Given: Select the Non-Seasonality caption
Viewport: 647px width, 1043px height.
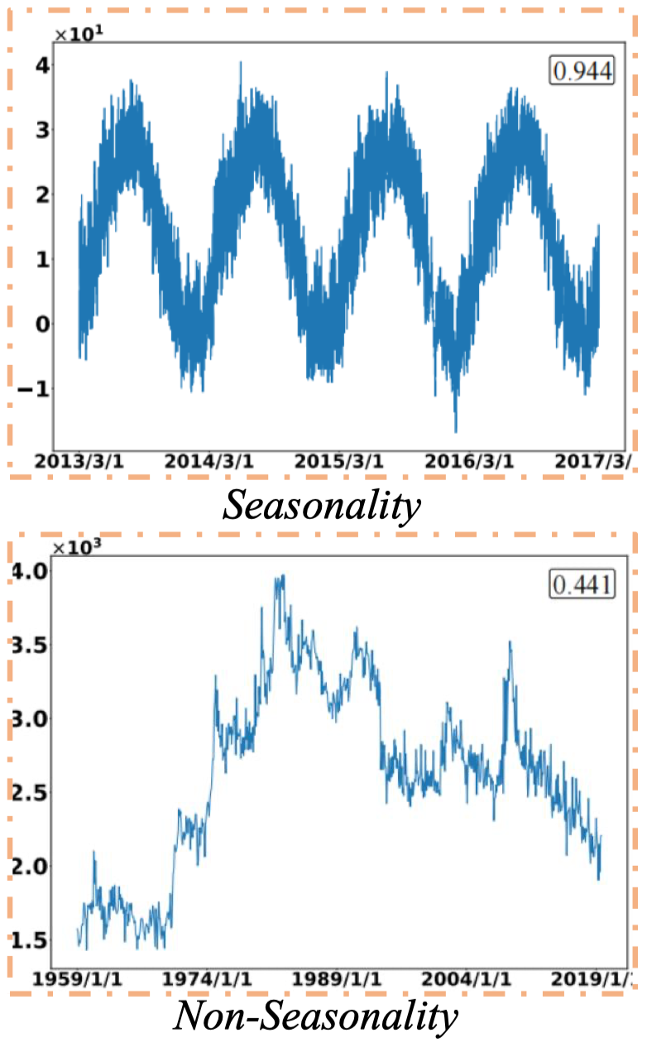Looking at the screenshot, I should tap(314, 1017).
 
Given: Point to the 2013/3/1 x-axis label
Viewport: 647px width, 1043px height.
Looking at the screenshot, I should tap(79, 461).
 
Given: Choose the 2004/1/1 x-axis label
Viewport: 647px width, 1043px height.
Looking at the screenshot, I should tap(467, 978).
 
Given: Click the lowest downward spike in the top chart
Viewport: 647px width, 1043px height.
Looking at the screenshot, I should tap(455, 431).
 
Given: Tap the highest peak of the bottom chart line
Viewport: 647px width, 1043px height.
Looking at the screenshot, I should tap(283, 575).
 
